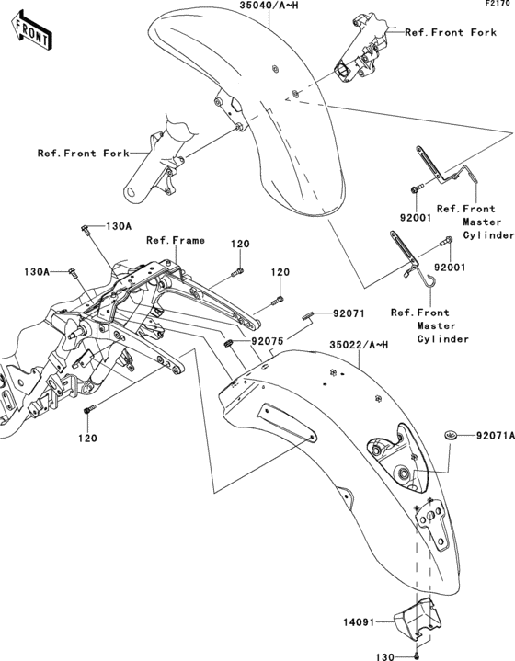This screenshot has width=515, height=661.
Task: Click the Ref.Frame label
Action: tap(175, 241)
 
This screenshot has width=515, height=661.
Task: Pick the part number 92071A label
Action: tap(492, 437)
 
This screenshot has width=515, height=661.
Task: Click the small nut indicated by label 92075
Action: tap(227, 343)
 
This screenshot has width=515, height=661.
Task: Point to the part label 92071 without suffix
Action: tap(349, 313)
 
